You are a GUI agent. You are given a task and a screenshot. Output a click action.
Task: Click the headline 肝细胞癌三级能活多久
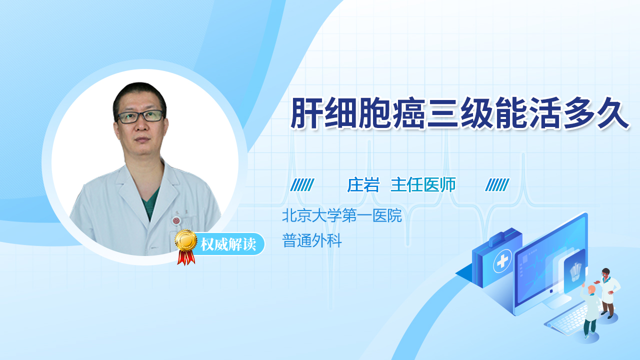pyautogui.click(x=459, y=113)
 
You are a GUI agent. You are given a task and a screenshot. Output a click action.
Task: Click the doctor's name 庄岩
pyautogui.click(x=363, y=184)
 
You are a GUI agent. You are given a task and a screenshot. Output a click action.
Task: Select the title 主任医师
pyautogui.click(x=423, y=184)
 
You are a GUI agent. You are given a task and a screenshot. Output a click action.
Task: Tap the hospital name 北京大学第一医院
pyautogui.click(x=341, y=215)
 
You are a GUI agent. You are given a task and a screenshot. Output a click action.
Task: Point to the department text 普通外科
pyautogui.click(x=311, y=240)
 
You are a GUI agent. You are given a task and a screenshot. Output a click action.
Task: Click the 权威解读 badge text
pyautogui.click(x=228, y=244)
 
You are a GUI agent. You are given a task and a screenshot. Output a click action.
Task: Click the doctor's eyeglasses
pyautogui.click(x=140, y=116)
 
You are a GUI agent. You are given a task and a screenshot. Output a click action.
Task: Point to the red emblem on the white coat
pyautogui.click(x=176, y=220)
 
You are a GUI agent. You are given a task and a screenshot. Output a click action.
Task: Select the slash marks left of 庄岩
pyautogui.click(x=302, y=185)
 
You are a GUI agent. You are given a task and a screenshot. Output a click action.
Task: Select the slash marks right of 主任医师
pyautogui.click(x=497, y=185)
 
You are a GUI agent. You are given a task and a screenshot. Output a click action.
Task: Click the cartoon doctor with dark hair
pyautogui.click(x=608, y=292)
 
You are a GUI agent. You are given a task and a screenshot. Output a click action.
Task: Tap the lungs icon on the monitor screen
pyautogui.click(x=575, y=271)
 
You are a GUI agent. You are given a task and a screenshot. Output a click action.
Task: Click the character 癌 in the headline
pyautogui.click(x=409, y=113)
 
